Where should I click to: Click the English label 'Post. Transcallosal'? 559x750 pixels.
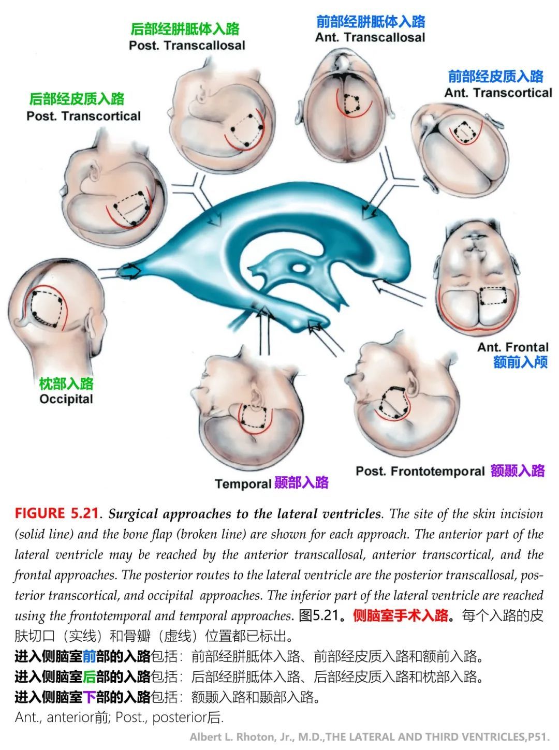(x=187, y=46)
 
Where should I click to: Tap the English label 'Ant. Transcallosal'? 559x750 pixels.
(x=370, y=37)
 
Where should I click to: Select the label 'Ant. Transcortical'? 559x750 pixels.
(x=498, y=93)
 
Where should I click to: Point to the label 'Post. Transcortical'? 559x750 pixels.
(x=83, y=116)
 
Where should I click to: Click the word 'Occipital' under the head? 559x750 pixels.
(x=66, y=399)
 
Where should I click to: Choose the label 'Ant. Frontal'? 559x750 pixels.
(x=512, y=347)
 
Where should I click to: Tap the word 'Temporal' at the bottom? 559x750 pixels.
(x=243, y=484)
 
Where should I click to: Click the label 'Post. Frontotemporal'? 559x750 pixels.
(x=420, y=471)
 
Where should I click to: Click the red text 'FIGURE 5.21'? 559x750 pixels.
(x=56, y=513)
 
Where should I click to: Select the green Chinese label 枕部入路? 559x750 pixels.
(x=66, y=384)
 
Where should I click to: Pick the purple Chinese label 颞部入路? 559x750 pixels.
(x=301, y=482)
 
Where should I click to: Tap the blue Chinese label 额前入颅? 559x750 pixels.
(x=521, y=362)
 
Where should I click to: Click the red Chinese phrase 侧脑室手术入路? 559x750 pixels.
(x=401, y=615)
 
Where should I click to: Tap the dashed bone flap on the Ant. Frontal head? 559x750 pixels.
(x=493, y=296)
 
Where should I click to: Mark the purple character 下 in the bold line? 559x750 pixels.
(x=89, y=697)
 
